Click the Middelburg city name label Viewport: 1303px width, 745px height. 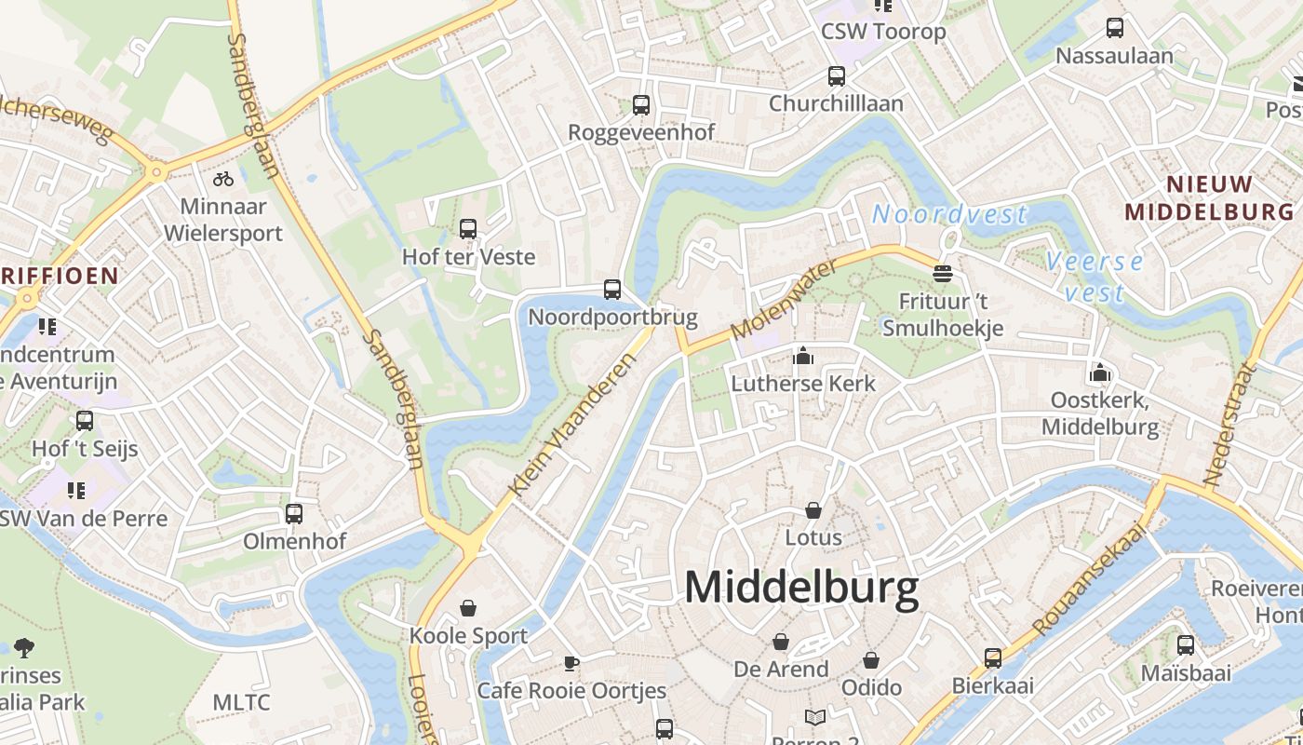(x=801, y=587)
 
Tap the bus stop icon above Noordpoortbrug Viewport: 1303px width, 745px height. (x=611, y=290)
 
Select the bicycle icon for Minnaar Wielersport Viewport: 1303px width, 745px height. (x=223, y=178)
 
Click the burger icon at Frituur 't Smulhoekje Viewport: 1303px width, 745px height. (x=943, y=273)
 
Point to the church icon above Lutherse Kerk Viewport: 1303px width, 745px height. (x=802, y=356)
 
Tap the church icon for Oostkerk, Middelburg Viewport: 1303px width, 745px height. (x=1099, y=373)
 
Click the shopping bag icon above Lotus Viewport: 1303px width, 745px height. (x=813, y=510)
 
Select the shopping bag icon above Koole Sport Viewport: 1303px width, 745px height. (x=467, y=608)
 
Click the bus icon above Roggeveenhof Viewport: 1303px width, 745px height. (x=641, y=105)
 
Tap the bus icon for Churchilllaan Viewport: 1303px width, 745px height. (x=836, y=76)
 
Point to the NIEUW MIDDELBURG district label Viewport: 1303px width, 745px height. (x=1210, y=197)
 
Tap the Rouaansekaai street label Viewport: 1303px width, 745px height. (x=1089, y=579)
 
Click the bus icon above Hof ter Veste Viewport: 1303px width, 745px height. (x=468, y=228)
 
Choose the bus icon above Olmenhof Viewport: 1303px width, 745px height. (x=294, y=513)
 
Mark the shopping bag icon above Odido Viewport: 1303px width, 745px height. (x=871, y=660)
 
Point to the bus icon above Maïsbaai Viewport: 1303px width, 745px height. (x=1186, y=644)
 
